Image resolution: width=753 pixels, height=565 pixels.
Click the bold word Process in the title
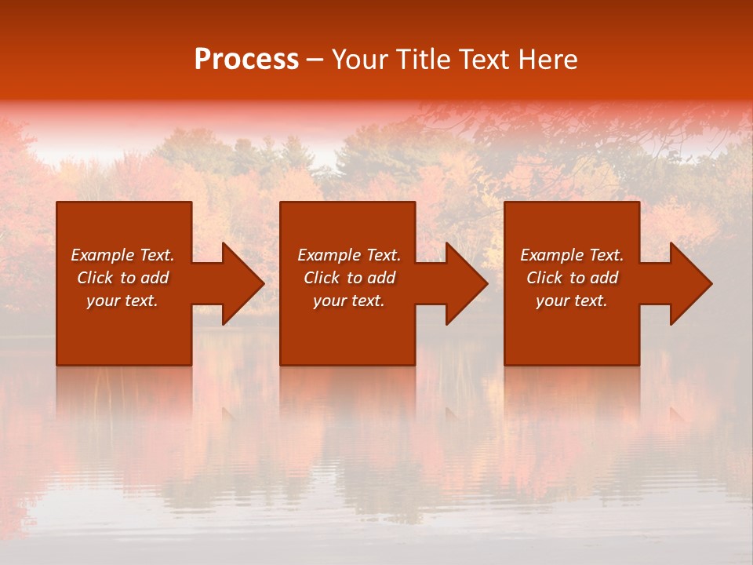click(x=246, y=60)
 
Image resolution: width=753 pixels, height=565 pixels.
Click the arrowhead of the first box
click(x=240, y=283)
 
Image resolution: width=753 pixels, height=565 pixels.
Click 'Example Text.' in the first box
click(x=122, y=255)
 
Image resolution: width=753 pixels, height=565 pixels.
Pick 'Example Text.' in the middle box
click(x=349, y=255)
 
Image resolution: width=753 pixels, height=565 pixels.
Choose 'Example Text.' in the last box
click(x=572, y=255)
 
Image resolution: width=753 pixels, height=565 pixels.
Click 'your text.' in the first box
click(x=122, y=301)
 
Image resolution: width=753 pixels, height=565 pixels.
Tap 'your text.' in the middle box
click(x=349, y=301)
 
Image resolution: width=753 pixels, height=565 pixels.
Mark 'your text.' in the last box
click(x=572, y=301)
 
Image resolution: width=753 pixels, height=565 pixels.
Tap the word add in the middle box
click(x=381, y=278)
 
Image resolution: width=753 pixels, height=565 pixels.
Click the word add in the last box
click(x=604, y=278)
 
